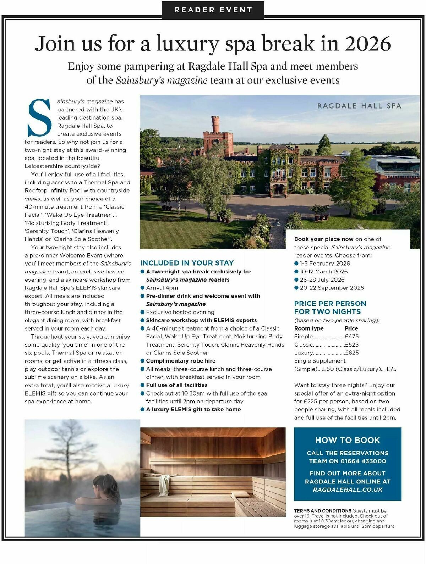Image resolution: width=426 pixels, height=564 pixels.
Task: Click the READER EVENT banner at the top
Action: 213,10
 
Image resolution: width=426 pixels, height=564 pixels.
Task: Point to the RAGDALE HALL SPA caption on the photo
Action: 359,106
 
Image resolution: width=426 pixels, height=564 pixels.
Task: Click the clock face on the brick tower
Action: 215,142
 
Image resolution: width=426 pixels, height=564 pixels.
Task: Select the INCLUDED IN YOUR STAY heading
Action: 187,263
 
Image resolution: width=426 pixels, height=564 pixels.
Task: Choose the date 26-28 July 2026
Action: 322,280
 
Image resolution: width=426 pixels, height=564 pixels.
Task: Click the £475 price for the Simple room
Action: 351,337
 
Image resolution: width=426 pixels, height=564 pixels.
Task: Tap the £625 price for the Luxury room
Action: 351,353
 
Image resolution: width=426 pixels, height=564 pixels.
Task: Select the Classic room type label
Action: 304,345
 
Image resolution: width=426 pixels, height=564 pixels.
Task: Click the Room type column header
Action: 309,328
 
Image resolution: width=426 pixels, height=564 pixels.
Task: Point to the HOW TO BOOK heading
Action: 348,440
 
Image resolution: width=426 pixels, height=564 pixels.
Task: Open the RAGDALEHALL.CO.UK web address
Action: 348,490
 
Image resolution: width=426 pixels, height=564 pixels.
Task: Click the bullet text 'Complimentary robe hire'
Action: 181,361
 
